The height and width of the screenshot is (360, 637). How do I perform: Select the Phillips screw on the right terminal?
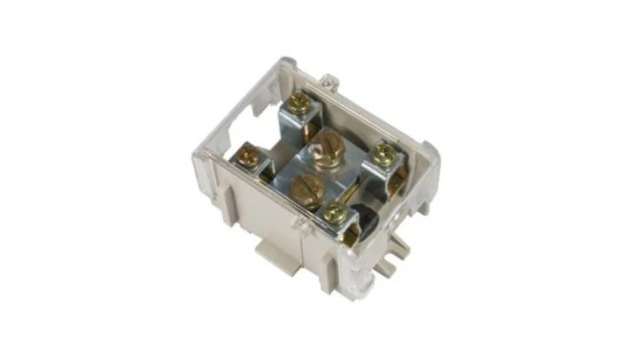tap(382, 156)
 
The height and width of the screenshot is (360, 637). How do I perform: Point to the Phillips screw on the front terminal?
tap(334, 211)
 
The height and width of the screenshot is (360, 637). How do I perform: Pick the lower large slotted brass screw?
tap(307, 187)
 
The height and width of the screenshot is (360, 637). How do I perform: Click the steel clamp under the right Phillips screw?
tap(388, 177)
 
